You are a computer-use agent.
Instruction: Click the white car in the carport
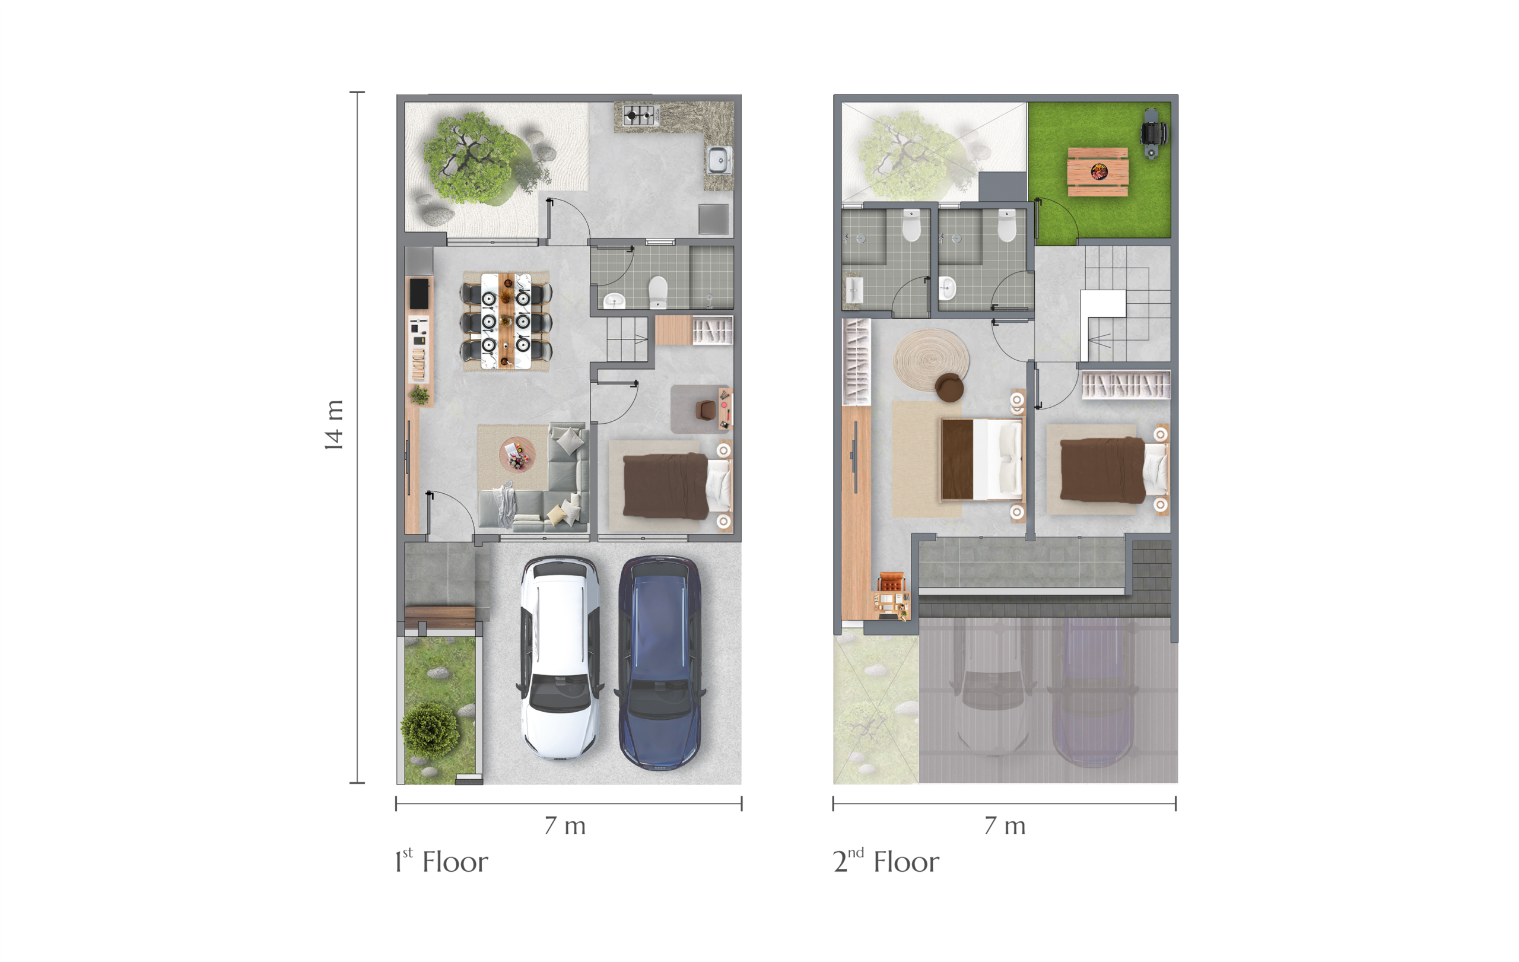coord(560,657)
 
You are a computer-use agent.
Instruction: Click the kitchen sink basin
coord(719,160)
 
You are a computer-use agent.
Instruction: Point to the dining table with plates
coord(506,320)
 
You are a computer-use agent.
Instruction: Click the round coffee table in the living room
coord(517,453)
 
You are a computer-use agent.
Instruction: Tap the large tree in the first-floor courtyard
coord(474,158)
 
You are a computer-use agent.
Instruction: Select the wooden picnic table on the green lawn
coord(1098,172)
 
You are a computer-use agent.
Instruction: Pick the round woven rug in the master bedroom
coord(931,360)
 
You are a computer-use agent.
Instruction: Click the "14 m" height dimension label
coord(333,425)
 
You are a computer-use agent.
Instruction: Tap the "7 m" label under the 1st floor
coord(565,825)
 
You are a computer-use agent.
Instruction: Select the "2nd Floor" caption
coord(886,861)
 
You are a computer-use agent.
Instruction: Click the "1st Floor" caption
coord(441,861)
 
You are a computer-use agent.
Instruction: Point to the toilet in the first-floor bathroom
coord(658,291)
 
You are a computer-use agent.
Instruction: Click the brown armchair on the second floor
coord(949,387)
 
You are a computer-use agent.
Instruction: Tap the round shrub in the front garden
coord(430,731)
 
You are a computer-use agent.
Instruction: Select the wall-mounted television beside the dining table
coord(419,293)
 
